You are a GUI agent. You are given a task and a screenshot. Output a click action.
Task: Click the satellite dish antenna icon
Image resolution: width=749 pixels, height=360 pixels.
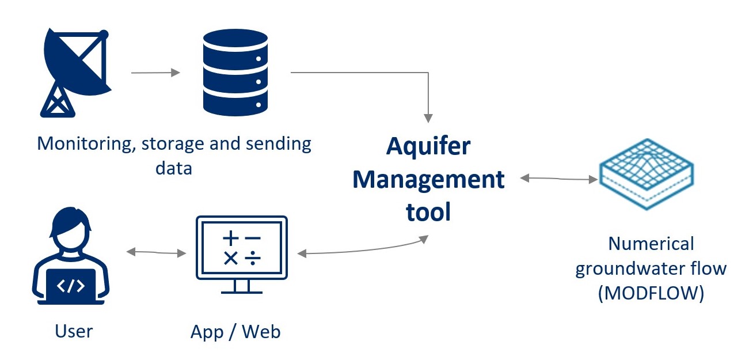click(x=75, y=72)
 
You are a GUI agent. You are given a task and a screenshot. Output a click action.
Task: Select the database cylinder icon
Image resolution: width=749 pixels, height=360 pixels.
click(x=236, y=72)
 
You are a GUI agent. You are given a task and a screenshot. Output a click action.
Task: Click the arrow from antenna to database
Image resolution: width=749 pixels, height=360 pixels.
click(x=155, y=73)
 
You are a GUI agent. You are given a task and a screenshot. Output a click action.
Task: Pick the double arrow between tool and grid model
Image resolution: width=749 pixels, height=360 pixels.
click(x=558, y=179)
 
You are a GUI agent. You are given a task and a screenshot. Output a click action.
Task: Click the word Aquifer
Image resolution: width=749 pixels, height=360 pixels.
click(x=428, y=146)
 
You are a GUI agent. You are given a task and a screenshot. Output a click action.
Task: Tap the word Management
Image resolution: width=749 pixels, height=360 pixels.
click(x=428, y=180)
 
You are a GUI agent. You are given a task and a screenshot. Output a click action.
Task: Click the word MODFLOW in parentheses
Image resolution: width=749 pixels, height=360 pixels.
click(x=651, y=293)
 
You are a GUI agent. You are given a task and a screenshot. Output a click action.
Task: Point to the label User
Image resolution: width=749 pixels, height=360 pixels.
click(x=74, y=331)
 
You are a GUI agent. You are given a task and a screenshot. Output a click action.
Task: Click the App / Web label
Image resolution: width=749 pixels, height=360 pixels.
click(x=235, y=332)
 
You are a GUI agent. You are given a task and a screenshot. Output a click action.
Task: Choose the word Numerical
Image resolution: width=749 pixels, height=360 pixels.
click(x=651, y=244)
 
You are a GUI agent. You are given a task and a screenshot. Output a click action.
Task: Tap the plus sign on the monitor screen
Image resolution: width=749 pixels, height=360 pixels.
click(x=230, y=237)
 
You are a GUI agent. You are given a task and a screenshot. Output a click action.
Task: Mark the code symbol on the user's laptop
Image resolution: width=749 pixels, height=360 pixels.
click(x=73, y=286)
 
